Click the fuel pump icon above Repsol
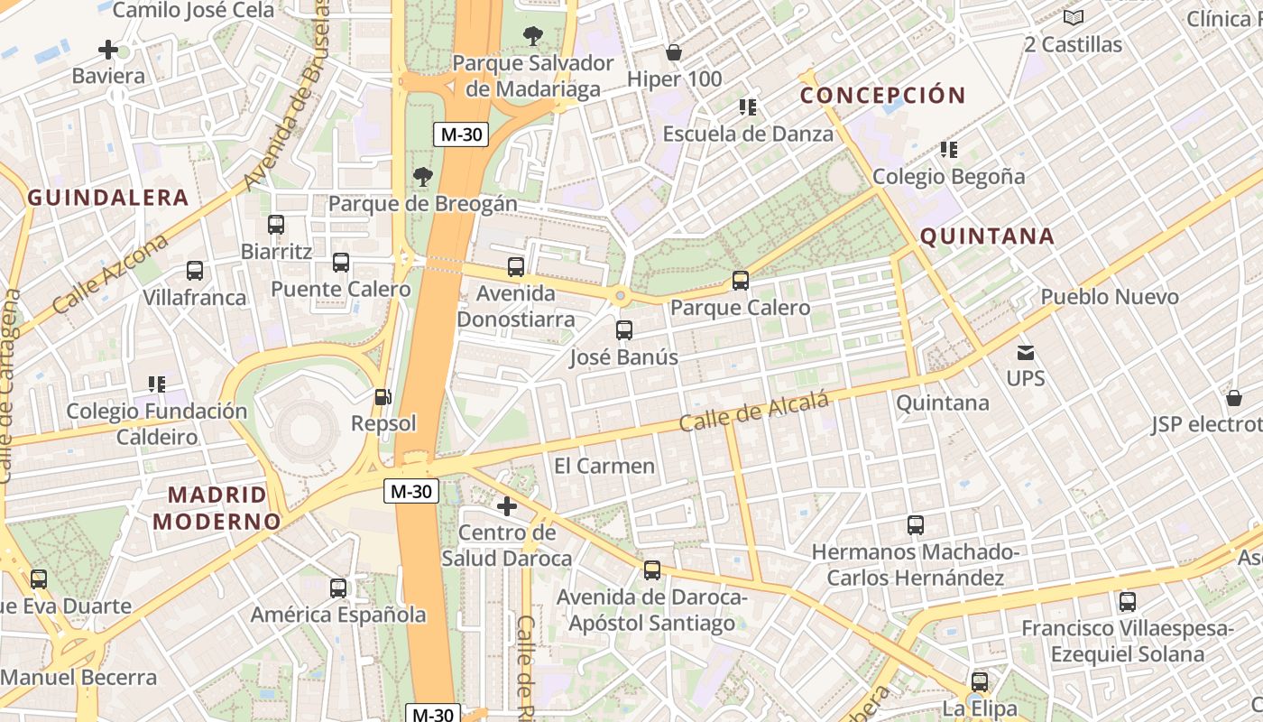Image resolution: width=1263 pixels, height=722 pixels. pos(383,396)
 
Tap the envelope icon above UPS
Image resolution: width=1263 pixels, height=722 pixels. pos(1025,352)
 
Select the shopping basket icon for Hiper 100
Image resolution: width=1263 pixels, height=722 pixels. pos(673,52)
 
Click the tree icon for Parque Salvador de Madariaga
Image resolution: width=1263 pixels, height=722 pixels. pos(532,36)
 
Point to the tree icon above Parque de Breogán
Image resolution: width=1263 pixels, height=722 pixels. pos(421,176)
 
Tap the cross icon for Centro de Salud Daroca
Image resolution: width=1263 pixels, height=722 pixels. pos(507,506)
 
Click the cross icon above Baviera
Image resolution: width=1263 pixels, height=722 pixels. pos(108,50)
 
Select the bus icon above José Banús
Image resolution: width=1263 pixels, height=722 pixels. pos(623,329)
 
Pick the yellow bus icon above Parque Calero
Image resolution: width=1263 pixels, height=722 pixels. pos(740,281)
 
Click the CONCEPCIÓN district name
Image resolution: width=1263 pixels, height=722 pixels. pos(882,95)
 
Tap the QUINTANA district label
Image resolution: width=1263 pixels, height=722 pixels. pos(986,236)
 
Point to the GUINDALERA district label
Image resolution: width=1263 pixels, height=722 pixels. pos(108,198)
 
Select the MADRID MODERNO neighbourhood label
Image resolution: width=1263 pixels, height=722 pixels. pos(217,507)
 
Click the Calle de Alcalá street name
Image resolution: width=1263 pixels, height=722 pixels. pos(753,412)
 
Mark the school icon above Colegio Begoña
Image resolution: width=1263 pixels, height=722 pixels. pos(948,149)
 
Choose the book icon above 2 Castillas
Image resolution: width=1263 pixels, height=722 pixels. pos(1073,17)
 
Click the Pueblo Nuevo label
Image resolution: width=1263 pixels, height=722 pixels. pos(1109,297)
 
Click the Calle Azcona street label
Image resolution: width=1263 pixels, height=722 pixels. pos(110,273)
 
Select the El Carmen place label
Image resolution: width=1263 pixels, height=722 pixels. pos(604,466)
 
